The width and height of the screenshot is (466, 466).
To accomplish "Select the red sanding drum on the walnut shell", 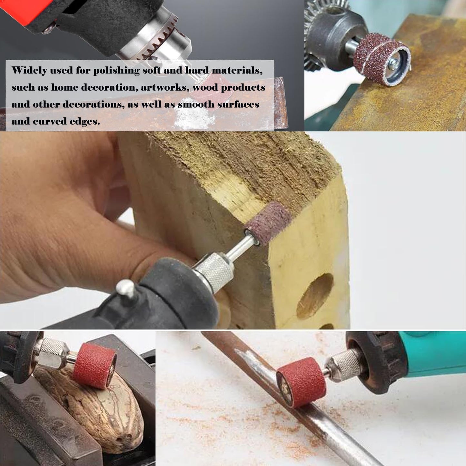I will [x=94, y=365].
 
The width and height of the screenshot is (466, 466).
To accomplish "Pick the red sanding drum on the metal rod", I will [x=301, y=382].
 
